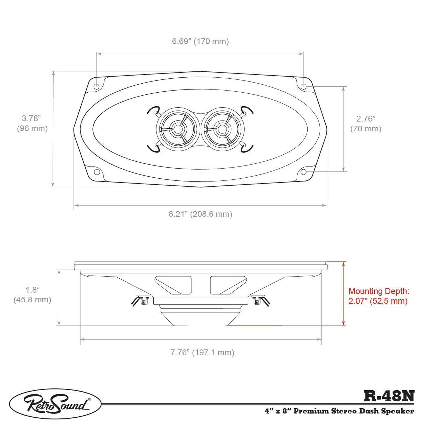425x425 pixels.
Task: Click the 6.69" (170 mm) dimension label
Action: (200, 41)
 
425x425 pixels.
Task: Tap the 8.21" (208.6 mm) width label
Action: (200, 214)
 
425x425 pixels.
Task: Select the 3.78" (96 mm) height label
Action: (32, 123)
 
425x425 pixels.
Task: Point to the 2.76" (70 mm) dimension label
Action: (366, 124)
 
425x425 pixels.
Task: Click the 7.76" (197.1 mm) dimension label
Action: (202, 352)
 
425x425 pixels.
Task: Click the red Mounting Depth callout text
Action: (379, 296)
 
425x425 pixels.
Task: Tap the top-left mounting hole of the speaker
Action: (96, 86)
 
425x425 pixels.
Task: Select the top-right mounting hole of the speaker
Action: (304, 86)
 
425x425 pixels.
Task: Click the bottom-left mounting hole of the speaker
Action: (96, 172)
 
